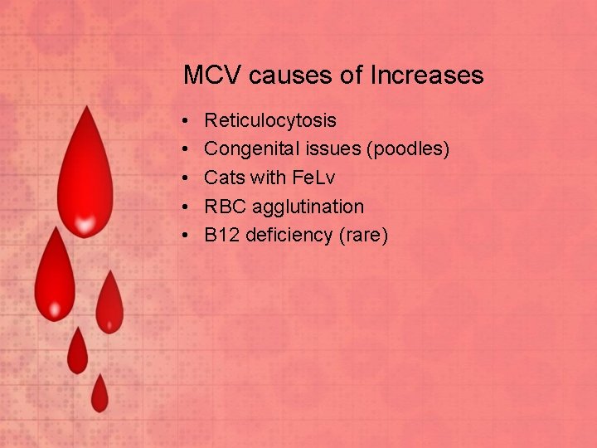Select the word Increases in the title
coord(426,76)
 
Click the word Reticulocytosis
coord(270,121)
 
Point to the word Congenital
coord(248,149)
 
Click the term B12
coord(221,235)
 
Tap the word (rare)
coord(363,235)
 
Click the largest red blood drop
coord(84,183)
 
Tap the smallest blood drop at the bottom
coord(99,394)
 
